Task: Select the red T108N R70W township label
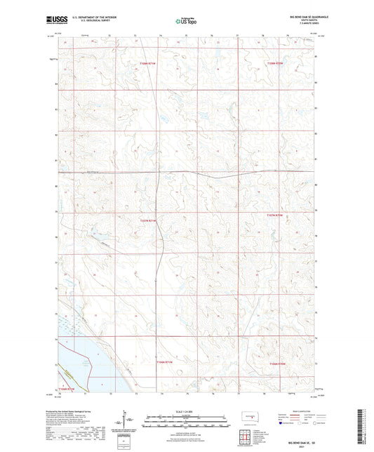point(274,63)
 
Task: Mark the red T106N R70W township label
point(279,364)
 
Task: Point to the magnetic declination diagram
point(128,420)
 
